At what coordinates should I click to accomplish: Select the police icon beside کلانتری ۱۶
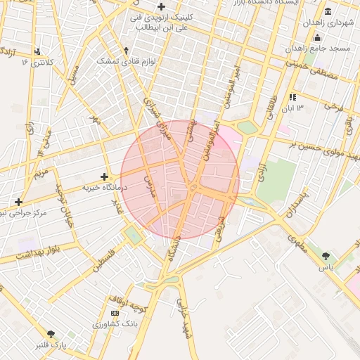click(37, 51)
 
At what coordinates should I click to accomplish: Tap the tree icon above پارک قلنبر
click(50, 334)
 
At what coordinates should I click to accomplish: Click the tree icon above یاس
click(326, 256)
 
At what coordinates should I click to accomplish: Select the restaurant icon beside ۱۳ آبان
click(292, 96)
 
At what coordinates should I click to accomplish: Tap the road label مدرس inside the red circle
click(150, 185)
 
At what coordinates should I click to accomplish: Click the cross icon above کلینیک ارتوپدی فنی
click(161, 6)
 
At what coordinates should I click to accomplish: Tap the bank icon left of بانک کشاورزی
click(115, 313)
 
